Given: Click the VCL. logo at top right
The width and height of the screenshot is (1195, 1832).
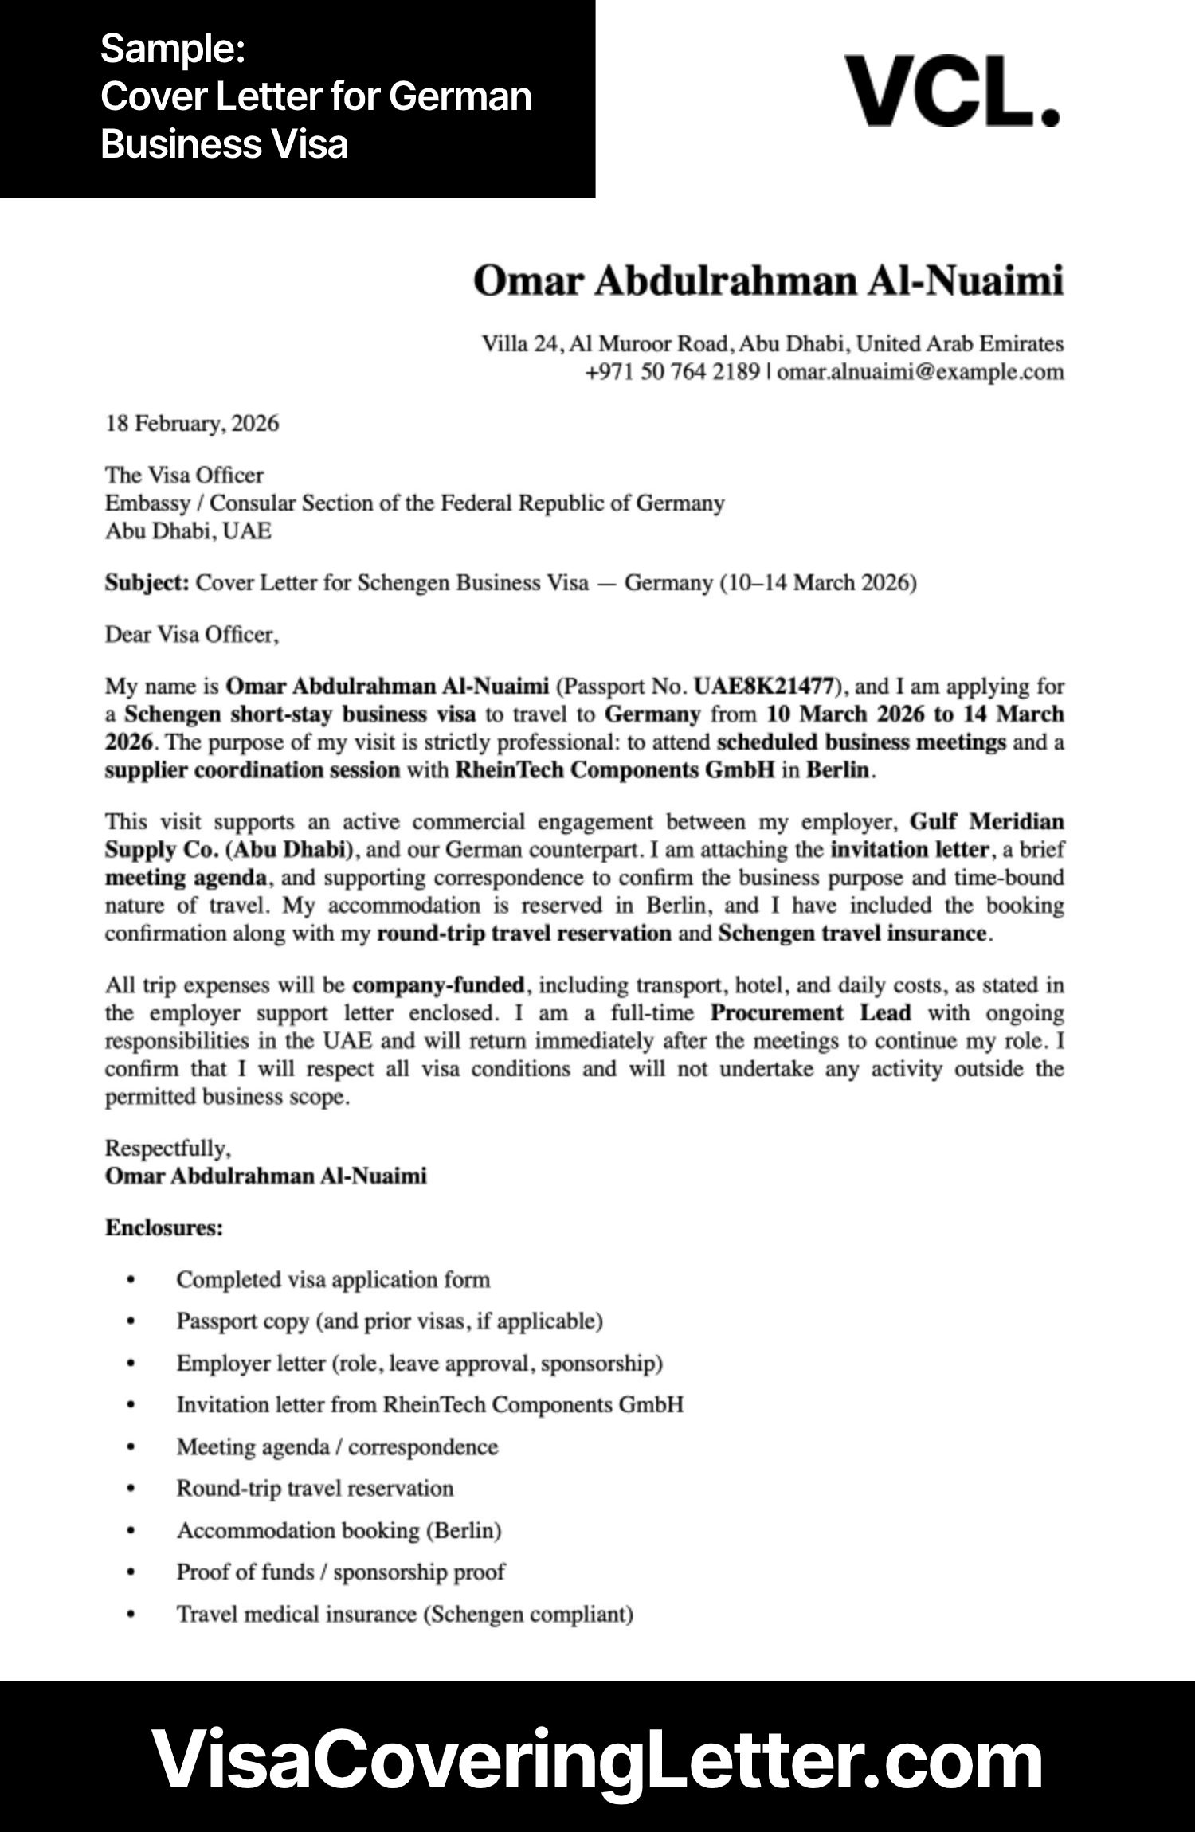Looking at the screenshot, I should coord(951,92).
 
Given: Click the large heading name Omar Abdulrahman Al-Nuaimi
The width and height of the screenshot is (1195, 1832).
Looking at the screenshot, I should coord(768,282).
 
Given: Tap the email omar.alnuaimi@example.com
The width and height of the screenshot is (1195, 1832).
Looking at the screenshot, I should coord(919,372).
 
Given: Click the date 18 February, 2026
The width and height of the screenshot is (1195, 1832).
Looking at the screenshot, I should coord(192,423).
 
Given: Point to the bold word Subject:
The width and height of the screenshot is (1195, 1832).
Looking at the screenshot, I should coord(147,583).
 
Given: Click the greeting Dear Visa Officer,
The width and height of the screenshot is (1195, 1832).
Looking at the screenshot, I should coord(191,635).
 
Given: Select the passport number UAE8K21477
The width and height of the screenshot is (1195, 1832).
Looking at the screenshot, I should coord(763,686).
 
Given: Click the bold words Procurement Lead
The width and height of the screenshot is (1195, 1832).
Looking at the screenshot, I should coord(809,1013).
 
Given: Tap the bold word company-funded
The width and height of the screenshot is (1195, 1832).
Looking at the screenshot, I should coord(438,985).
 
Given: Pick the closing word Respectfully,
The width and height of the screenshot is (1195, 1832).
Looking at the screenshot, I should coord(167,1148).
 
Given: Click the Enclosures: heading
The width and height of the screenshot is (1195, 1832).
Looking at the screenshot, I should coord(163,1227).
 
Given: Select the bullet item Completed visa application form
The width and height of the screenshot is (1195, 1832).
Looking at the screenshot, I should coord(332,1280).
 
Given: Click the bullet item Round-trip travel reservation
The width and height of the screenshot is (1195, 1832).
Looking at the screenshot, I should coord(315,1488).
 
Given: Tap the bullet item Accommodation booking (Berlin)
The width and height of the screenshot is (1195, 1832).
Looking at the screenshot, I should coord(339,1530).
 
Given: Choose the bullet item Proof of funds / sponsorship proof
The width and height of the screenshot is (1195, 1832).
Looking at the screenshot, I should coord(340,1572).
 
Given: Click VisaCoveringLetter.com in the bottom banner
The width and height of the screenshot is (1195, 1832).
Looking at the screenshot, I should coord(597,1758).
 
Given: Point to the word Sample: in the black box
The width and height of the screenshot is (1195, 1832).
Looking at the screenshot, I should coord(172,49).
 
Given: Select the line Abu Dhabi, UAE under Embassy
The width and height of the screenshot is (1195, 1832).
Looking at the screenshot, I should coord(188,531).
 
